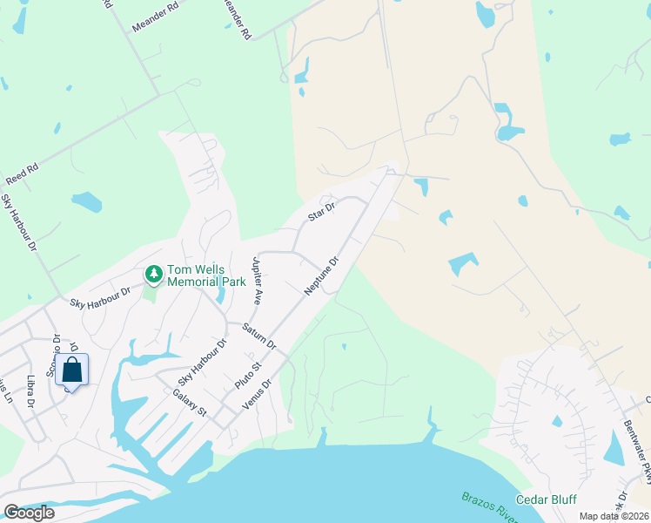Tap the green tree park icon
click(154, 275)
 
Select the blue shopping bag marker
click(71, 370)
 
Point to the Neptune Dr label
click(320, 275)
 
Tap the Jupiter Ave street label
click(257, 279)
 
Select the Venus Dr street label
click(258, 395)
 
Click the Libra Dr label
click(30, 391)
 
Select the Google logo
click(30, 512)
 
